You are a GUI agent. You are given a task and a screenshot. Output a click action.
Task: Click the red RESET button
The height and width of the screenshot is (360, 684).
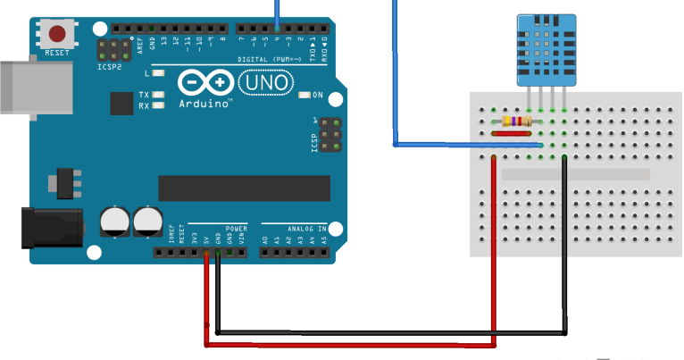click(57, 35)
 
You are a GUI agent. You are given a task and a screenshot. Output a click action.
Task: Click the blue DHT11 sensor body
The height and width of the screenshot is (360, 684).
click(545, 50)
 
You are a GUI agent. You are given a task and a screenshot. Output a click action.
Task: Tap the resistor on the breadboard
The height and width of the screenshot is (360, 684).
click(517, 121)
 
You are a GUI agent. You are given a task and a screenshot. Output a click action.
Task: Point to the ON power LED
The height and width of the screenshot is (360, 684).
click(304, 95)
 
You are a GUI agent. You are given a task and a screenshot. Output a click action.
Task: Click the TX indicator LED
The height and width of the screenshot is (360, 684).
click(159, 95)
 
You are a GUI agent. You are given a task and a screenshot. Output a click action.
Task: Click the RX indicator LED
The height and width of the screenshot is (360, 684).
click(159, 105)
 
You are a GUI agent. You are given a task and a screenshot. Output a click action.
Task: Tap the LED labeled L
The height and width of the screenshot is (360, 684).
click(159, 73)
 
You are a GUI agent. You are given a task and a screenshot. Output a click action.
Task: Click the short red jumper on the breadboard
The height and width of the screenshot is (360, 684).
click(515, 134)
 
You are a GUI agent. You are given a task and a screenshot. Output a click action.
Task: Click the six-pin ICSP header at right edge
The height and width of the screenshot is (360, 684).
click(330, 133)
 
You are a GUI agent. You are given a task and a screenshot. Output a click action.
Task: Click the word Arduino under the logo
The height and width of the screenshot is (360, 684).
click(206, 103)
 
